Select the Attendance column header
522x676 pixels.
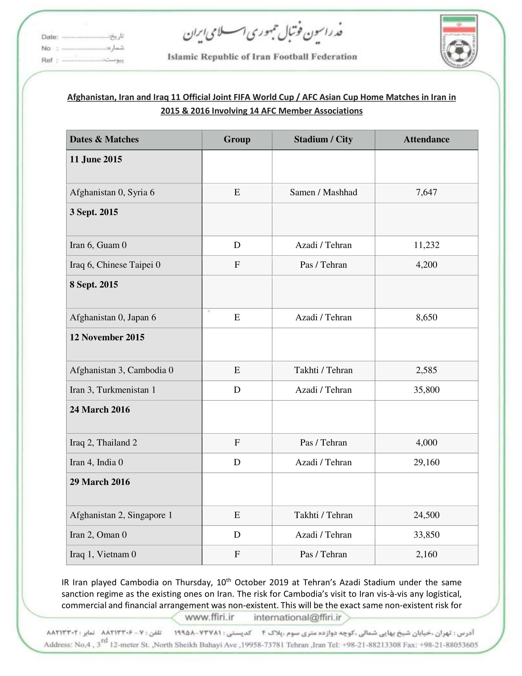tap(426, 139)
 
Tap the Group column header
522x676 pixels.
tap(237, 139)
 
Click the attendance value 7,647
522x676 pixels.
tap(426, 192)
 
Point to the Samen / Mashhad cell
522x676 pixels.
tap(323, 192)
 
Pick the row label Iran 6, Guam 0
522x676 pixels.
tap(98, 245)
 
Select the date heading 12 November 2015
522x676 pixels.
tap(107, 337)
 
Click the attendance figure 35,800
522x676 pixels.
tap(426, 390)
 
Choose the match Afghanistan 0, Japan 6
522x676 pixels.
tap(113, 318)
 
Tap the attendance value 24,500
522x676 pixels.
tap(426, 515)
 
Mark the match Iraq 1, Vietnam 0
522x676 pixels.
tap(103, 554)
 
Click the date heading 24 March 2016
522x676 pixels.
tap(100, 410)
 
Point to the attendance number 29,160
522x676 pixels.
tap(426, 462)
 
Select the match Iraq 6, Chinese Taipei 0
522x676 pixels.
tap(115, 265)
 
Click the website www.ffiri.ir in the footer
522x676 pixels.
tap(209, 617)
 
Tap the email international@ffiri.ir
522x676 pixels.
tap(297, 618)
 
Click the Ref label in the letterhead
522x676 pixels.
tap(47, 60)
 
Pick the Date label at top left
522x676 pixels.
tap(50, 37)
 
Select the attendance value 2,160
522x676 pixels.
tap(426, 554)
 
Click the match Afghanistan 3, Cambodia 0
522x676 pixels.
tap(121, 370)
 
